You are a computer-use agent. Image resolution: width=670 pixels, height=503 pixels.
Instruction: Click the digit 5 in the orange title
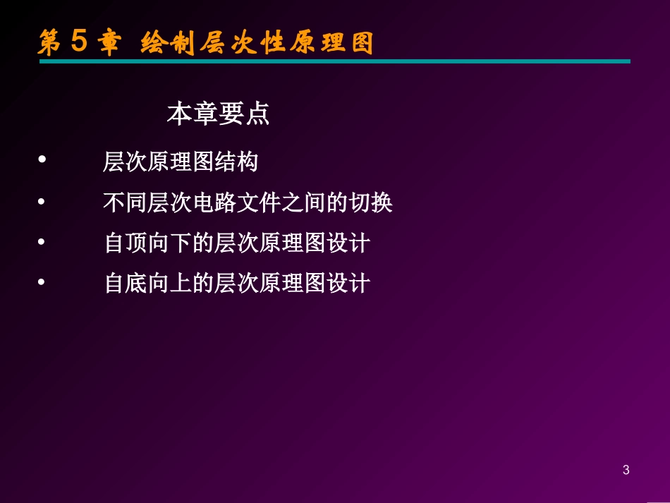click(79, 42)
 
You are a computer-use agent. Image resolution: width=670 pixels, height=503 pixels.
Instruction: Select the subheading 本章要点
click(218, 114)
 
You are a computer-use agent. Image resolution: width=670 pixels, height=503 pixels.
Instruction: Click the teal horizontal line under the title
click(334, 61)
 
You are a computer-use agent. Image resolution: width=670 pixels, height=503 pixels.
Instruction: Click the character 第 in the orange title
click(49, 43)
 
